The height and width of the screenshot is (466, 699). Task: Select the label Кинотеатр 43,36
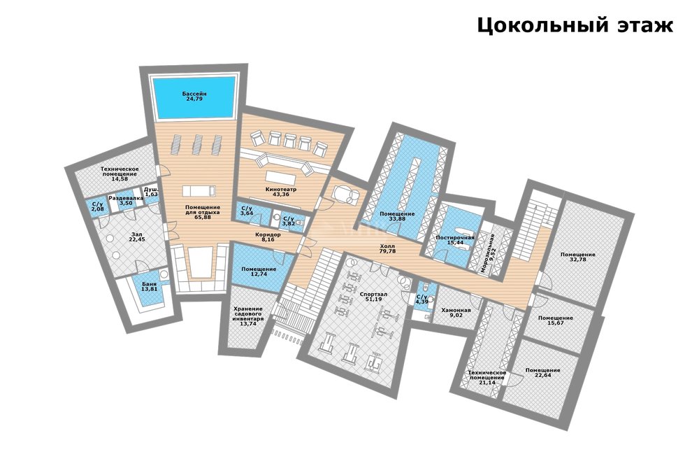click(281, 192)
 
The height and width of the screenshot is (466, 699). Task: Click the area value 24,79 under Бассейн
click(194, 99)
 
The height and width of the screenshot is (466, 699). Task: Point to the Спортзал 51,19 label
click(373, 297)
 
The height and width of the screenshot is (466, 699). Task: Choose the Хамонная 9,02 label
click(456, 313)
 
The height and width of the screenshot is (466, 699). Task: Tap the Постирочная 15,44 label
click(455, 240)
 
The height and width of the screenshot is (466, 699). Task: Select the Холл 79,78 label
click(387, 248)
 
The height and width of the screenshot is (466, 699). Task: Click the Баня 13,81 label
click(150, 287)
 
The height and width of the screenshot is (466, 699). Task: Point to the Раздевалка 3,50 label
click(127, 200)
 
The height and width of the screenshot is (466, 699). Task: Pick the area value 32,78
click(578, 260)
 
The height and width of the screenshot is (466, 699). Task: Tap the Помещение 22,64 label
click(542, 373)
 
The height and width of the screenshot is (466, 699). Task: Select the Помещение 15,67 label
click(556, 320)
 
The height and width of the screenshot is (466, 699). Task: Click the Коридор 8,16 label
click(268, 237)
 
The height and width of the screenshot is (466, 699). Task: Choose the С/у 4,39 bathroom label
click(421, 299)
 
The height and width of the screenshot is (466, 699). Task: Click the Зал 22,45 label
click(138, 236)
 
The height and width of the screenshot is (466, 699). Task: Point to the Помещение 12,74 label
click(259, 271)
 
